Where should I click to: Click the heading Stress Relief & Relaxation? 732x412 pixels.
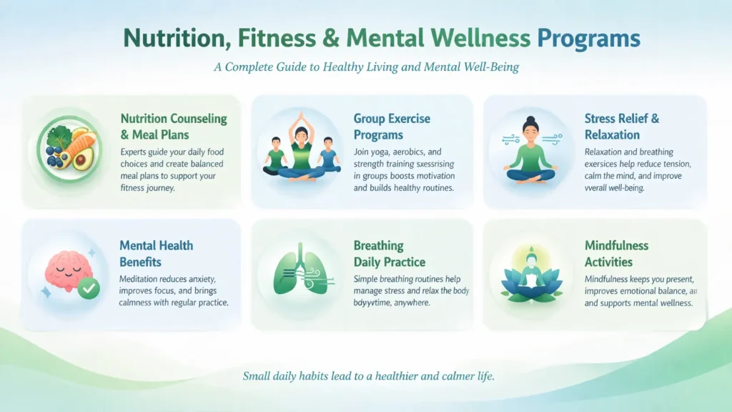coord(621,127)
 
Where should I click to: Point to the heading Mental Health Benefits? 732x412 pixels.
coord(156,253)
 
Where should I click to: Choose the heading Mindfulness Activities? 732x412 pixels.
coord(616,253)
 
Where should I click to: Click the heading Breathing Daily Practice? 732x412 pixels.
coord(389,253)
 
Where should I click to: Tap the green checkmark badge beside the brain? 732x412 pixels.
coord(89,288)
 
